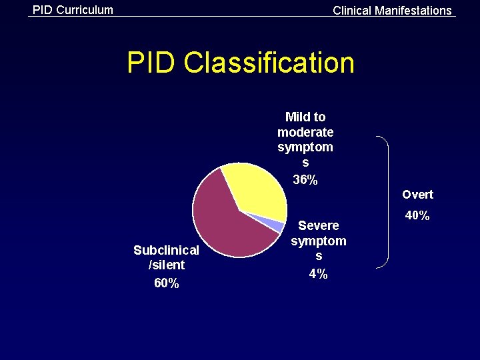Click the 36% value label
point(305,179)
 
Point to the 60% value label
point(166,283)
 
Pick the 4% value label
point(319,274)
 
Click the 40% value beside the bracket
point(417,215)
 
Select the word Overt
point(417,195)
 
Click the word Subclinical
point(166,250)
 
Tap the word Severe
point(319,225)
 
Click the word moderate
point(305,132)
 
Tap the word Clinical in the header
point(352,11)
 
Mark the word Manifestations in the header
point(413,11)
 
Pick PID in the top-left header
point(43,10)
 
